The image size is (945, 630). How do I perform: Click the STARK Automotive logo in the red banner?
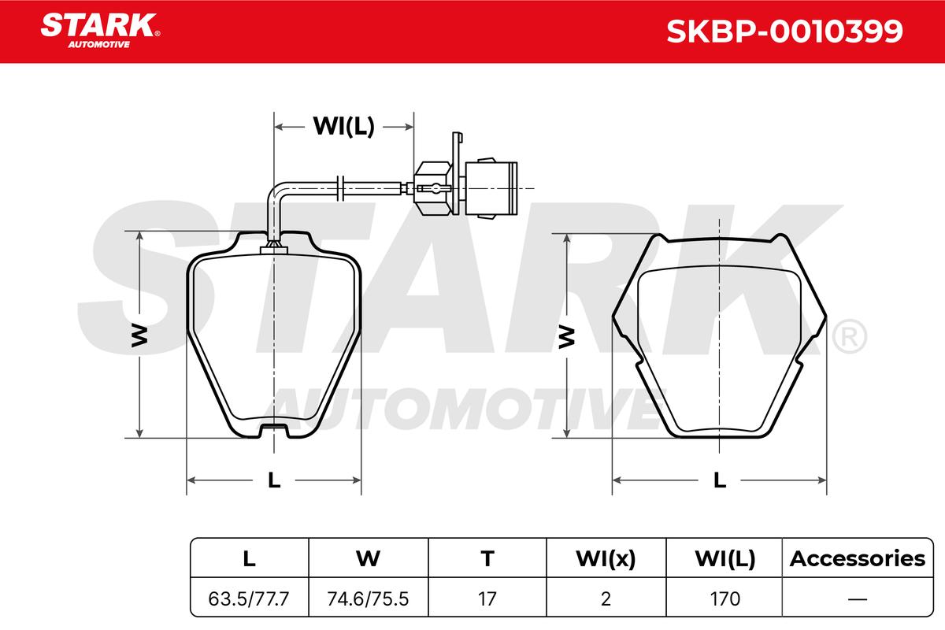click(x=100, y=31)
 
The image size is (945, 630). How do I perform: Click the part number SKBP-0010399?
click(x=784, y=31)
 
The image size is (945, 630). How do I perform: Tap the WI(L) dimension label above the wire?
click(x=343, y=126)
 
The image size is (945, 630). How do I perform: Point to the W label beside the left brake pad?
click(x=139, y=336)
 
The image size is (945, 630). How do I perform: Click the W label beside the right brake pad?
click(x=566, y=337)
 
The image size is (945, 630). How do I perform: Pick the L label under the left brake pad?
click(x=274, y=480)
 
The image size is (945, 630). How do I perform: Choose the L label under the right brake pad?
click(x=720, y=480)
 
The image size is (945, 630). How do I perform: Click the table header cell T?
click(x=487, y=558)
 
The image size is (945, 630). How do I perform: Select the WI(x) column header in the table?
click(x=606, y=559)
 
